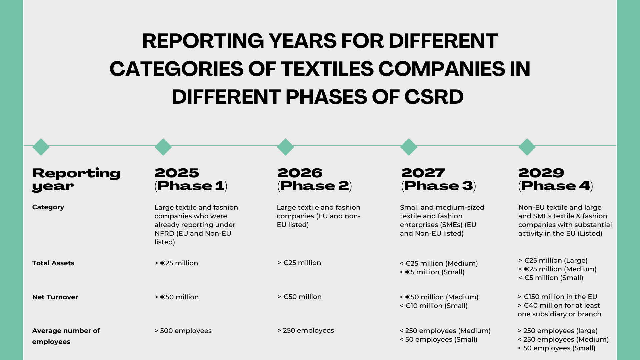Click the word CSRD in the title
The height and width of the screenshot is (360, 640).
tap(434, 97)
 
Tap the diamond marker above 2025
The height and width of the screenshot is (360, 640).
tap(163, 147)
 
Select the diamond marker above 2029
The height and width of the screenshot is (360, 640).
tap(527, 147)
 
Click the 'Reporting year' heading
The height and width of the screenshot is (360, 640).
tap(76, 180)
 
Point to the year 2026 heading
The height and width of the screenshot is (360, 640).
tap(300, 173)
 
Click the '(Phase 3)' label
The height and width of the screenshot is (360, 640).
tap(439, 186)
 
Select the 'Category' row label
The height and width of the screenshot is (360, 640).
tap(48, 207)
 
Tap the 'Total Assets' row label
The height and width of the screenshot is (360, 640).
tap(53, 263)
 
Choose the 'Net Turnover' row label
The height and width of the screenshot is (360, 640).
tap(55, 297)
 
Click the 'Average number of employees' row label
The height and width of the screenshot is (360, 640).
tap(66, 336)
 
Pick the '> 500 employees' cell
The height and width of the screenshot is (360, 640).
tap(183, 331)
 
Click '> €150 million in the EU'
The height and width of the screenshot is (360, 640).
tap(557, 297)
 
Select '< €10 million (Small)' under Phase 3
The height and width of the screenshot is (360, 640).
tap(434, 306)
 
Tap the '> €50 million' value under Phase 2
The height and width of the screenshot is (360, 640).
tap(299, 297)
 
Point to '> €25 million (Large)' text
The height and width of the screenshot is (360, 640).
tap(553, 260)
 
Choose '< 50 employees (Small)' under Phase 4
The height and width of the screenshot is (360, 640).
tap(556, 348)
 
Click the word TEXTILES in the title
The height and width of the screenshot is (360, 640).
tap(327, 69)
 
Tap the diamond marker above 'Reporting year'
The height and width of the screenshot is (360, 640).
tap(41, 147)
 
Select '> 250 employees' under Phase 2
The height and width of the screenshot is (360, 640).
tap(306, 330)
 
